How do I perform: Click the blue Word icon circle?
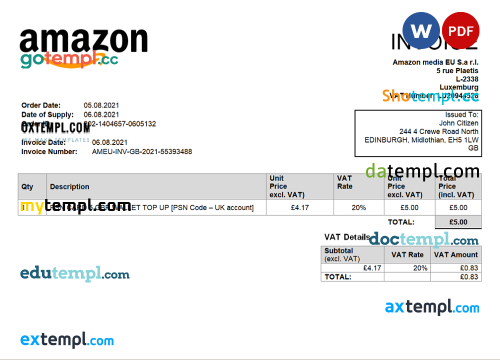point(421,31)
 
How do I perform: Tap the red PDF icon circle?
point(460,31)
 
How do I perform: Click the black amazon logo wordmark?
point(84,41)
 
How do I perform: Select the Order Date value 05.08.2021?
point(101,105)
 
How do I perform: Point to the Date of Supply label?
point(47,115)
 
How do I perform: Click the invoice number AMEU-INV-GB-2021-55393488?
point(142,151)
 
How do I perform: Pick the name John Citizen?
point(458,123)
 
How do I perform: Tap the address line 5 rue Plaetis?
point(457,71)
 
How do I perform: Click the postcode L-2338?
point(467,79)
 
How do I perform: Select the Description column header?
point(69,186)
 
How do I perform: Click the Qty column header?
point(27,186)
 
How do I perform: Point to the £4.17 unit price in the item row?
point(299,207)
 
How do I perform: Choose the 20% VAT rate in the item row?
point(358,207)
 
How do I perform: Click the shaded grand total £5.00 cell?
point(458,222)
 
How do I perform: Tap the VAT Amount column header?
point(456,254)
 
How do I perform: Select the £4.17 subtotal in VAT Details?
point(372,268)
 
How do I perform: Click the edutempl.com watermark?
point(75,274)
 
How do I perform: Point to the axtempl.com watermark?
point(432,307)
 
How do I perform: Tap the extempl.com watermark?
point(67,340)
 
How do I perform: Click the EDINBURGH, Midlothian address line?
point(421,140)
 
